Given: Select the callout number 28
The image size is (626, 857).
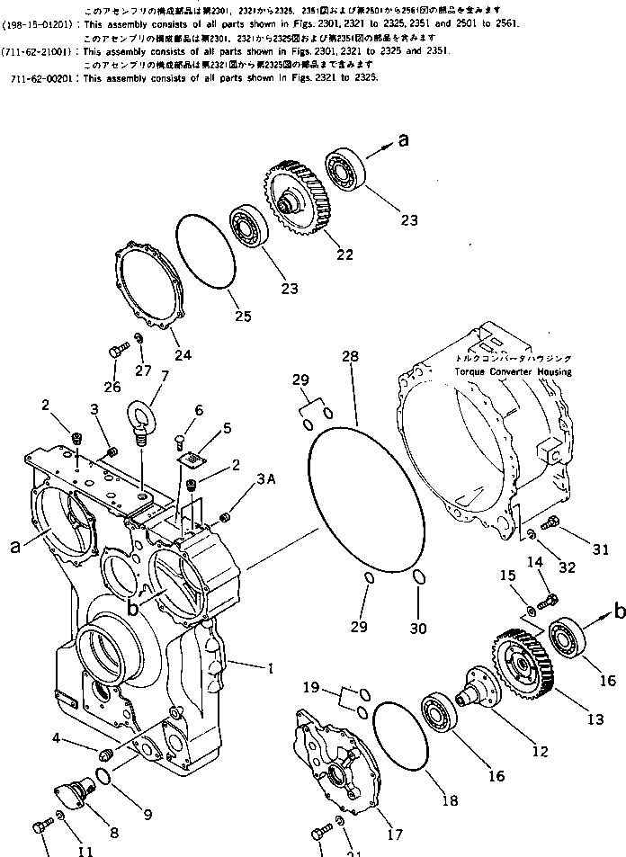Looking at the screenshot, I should [349, 358].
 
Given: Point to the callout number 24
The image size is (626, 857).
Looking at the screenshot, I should [183, 354].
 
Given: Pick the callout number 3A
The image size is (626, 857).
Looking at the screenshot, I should [265, 482].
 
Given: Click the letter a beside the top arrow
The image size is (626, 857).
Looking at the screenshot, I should [403, 139].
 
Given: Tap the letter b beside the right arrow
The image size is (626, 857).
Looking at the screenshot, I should [618, 612].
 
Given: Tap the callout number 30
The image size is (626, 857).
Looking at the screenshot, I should [419, 627].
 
